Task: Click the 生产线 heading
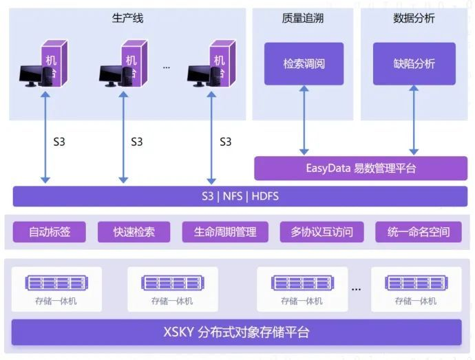click(127, 19)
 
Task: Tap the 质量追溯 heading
click(304, 19)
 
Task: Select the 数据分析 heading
click(414, 19)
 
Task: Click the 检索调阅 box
click(304, 64)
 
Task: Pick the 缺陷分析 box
click(414, 64)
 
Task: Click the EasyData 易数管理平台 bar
click(360, 168)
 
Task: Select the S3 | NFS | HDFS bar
click(235, 196)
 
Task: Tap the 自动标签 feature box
click(50, 232)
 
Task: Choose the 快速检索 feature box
click(134, 232)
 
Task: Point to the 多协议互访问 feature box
click(322, 232)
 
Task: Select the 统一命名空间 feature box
click(419, 232)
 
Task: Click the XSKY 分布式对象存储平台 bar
click(236, 332)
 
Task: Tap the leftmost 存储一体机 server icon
click(56, 283)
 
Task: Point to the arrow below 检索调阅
click(304, 120)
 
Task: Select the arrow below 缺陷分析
click(414, 120)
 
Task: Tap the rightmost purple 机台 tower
click(219, 62)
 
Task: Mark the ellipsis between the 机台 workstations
click(167, 67)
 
